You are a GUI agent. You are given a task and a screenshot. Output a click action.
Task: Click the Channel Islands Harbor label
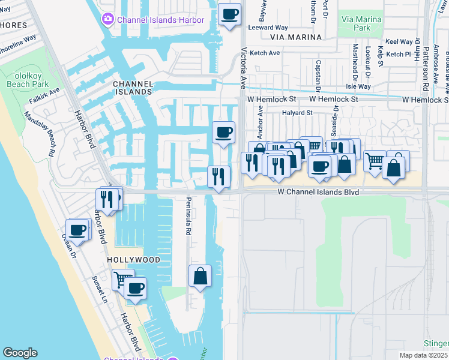[161, 20]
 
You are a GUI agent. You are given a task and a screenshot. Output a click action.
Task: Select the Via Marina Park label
[361, 23]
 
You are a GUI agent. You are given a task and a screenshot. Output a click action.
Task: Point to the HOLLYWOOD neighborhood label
[134, 260]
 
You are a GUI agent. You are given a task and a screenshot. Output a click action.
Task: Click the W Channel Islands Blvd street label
[318, 192]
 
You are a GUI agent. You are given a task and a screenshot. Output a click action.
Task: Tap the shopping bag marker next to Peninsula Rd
[200, 277]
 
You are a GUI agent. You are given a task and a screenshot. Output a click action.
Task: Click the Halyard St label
[297, 112]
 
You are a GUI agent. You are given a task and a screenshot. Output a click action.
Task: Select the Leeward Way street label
[268, 28]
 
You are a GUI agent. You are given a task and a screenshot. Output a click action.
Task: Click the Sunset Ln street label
[99, 289]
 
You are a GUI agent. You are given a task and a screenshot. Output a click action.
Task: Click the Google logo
[20, 353]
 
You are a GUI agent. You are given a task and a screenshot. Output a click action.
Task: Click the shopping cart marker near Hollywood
[122, 279]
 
